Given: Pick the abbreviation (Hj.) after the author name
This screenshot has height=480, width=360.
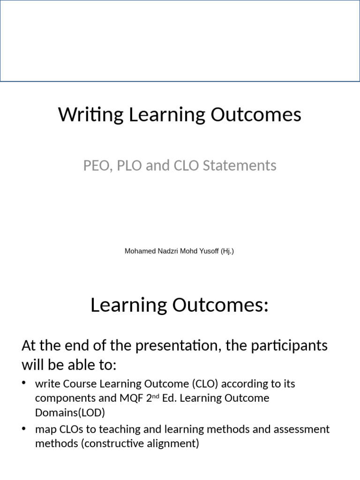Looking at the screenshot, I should [226, 251].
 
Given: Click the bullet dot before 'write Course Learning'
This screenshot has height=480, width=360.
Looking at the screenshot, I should [24, 383].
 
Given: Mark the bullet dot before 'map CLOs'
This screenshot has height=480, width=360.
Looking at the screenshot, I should [24, 428].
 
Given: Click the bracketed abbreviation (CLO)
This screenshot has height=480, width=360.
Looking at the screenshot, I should [204, 384].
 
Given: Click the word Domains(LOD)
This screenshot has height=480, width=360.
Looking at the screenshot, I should [70, 413].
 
